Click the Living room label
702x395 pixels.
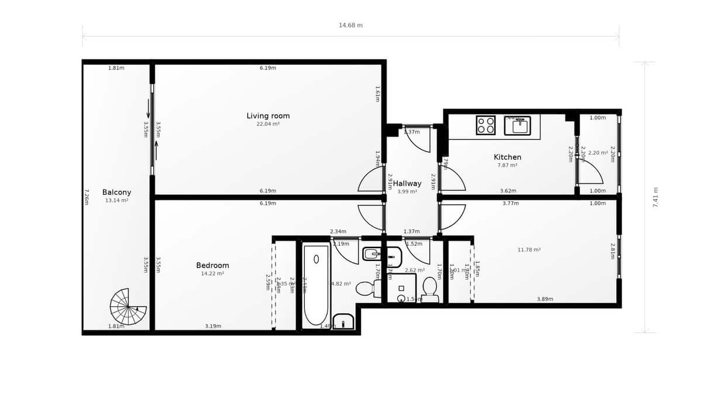pyautogui.click(x=268, y=116)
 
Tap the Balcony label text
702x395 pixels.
pyautogui.click(x=116, y=192)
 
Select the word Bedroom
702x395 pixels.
pyautogui.click(x=212, y=265)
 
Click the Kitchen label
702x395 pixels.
pyautogui.click(x=507, y=157)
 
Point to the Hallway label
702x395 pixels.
pyautogui.click(x=407, y=183)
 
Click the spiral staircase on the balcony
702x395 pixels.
pyautogui.click(x=128, y=307)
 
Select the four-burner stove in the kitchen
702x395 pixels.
pyautogui.click(x=486, y=125)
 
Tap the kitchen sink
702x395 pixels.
pyautogui.click(x=517, y=126)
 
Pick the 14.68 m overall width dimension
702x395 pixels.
pyautogui.click(x=350, y=25)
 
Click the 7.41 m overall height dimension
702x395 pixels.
pyautogui.click(x=655, y=197)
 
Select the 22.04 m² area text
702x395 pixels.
pyautogui.click(x=268, y=124)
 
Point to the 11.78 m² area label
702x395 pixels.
pyautogui.click(x=529, y=250)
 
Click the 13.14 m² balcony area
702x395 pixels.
pyautogui.click(x=116, y=200)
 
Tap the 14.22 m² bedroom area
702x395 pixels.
pyautogui.click(x=212, y=273)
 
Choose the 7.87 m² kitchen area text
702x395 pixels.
pyautogui.click(x=507, y=165)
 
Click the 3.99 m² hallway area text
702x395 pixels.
pyautogui.click(x=407, y=191)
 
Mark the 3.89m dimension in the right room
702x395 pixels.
pyautogui.click(x=545, y=299)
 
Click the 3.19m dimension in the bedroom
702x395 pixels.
pyautogui.click(x=213, y=326)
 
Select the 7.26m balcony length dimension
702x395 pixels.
pyautogui.click(x=87, y=197)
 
